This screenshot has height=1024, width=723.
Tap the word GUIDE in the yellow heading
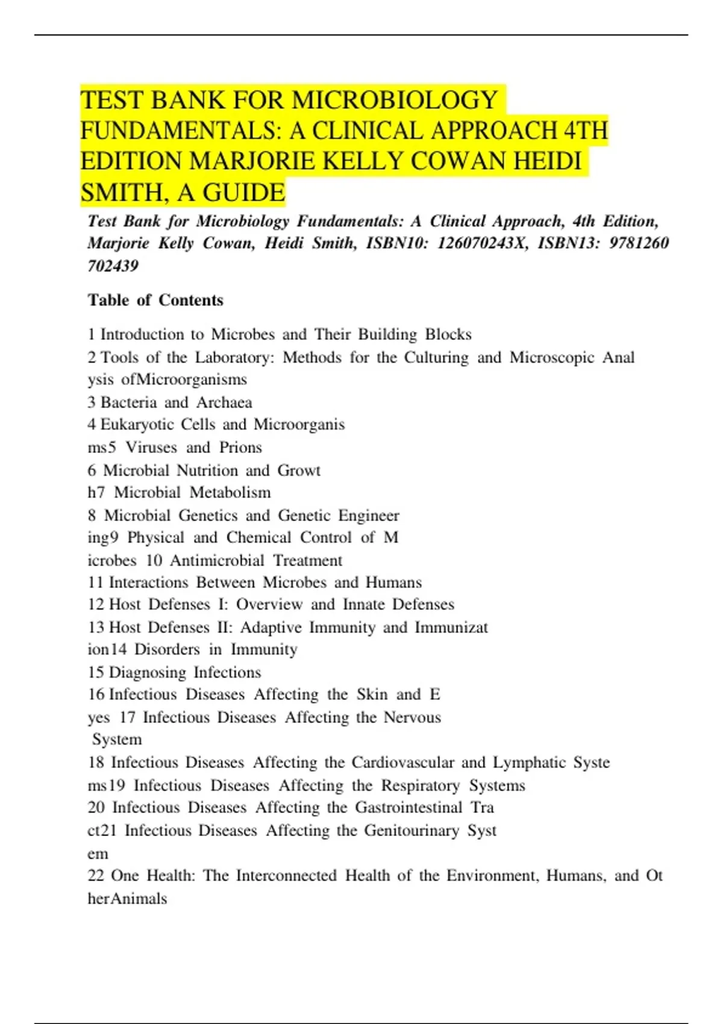pos(243,193)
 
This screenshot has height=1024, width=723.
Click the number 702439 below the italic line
pos(113,266)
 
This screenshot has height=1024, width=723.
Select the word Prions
pos(240,448)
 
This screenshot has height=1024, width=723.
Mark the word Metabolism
pos(230,493)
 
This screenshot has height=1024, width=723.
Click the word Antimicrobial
pos(217,561)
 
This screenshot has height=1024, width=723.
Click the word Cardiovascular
pos(402,763)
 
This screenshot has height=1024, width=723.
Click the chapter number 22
pos(96,875)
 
